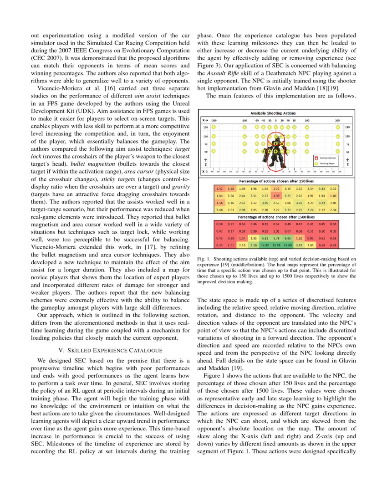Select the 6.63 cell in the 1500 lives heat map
pyautogui.click(x=287, y=238)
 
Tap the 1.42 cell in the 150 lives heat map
pyautogui.click(x=219, y=189)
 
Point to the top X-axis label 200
pyautogui.click(x=337, y=120)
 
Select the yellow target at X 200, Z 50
pyautogui.click(x=337, y=151)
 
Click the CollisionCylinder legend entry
pyautogui.click(x=326, y=158)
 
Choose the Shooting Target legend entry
pyautogui.click(x=326, y=163)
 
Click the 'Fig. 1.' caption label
pyautogui.click(x=204, y=259)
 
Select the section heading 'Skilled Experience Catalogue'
pyautogui.click(x=110, y=350)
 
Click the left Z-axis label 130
pyautogui.click(x=205, y=128)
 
